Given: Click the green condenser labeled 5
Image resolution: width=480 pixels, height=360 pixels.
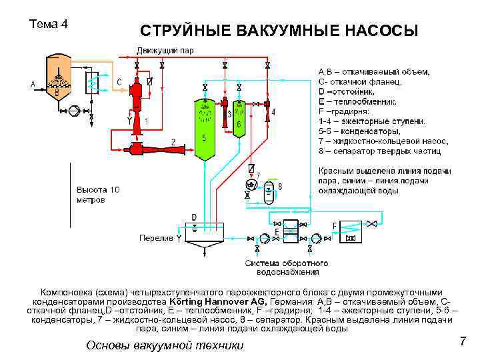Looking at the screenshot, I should click(x=204, y=130).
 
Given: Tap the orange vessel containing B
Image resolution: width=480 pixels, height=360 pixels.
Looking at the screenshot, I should click(x=56, y=79).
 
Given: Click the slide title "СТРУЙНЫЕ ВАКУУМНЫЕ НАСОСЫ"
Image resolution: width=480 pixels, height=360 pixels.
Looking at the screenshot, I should click(x=279, y=31).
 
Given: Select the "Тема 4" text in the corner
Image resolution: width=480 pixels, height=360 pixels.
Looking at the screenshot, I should click(x=49, y=25).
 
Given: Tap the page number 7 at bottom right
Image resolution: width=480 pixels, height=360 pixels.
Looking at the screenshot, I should click(x=462, y=342).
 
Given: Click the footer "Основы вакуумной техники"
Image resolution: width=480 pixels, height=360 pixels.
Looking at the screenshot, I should click(x=165, y=345).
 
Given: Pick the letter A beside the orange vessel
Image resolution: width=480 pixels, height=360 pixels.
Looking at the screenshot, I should click(x=33, y=84).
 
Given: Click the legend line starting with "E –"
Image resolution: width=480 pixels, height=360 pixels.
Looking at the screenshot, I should click(x=357, y=102).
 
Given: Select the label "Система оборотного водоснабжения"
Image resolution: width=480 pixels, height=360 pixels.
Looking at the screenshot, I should click(x=281, y=267).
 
